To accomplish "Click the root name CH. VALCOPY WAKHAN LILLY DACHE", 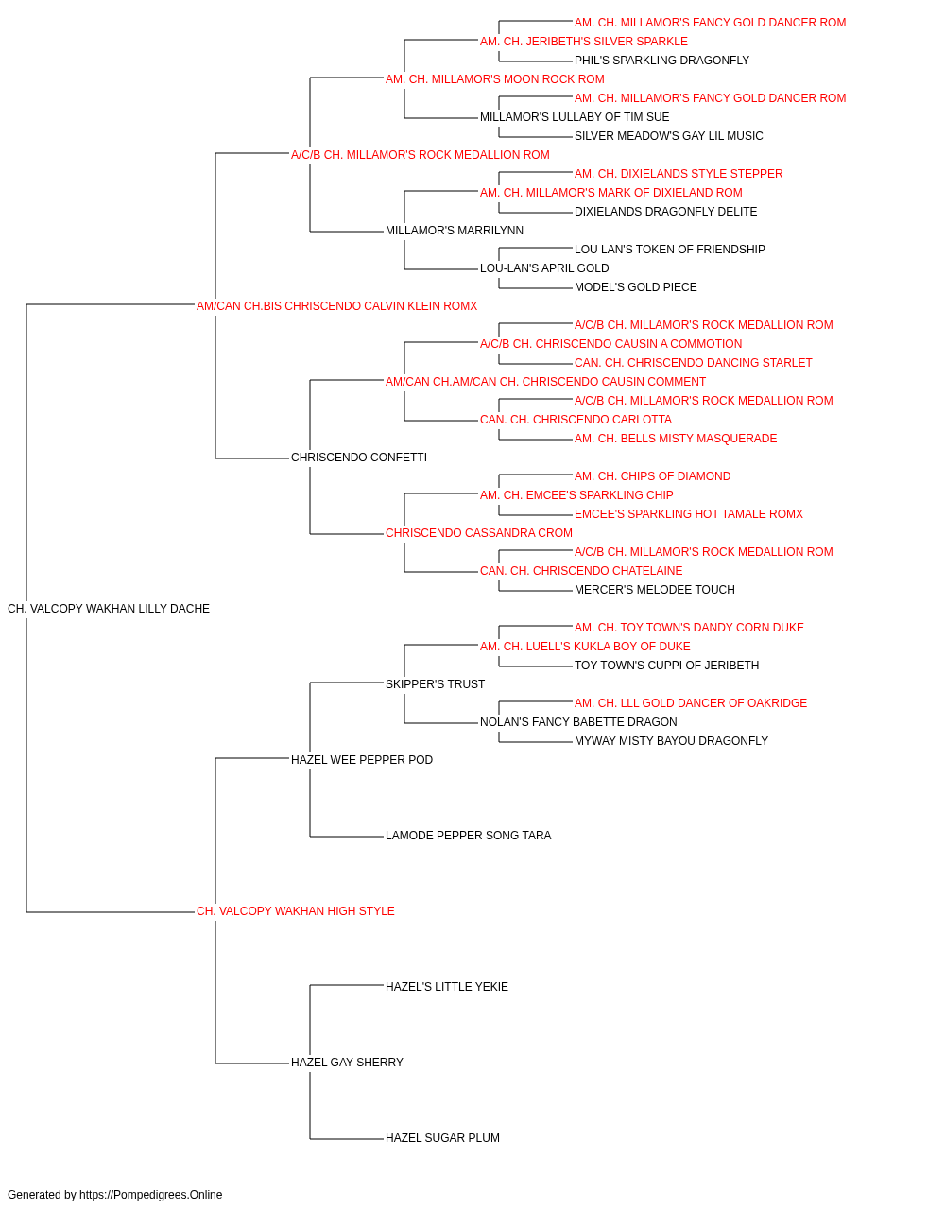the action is tap(109, 609).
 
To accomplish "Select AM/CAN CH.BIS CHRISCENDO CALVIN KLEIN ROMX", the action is tap(336, 306).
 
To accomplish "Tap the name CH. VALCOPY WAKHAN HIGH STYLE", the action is tap(296, 911).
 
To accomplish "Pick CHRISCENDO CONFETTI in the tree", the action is tap(359, 458).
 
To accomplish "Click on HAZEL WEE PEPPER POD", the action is tap(362, 759).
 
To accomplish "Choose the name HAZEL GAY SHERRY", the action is tap(347, 1062).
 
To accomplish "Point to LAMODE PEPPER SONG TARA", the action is tap(468, 836).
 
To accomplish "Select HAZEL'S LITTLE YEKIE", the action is tap(447, 986).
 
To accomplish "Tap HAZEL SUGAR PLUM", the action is tap(442, 1137).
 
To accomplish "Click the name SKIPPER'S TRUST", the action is tap(436, 683).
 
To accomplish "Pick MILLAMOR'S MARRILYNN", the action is tap(455, 231).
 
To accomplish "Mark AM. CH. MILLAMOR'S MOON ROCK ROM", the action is tap(495, 79).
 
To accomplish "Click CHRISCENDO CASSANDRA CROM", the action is tap(479, 533).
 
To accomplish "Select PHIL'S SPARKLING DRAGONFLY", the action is tap(661, 60).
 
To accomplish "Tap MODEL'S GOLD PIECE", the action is tap(636, 287).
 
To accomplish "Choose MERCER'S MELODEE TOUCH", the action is tap(655, 590).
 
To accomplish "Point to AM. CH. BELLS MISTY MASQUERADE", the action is tap(676, 439).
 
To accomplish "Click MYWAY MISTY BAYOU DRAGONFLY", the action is tap(671, 740).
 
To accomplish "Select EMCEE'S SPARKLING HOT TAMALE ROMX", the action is tap(689, 514).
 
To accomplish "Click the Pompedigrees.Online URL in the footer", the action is tap(151, 1195).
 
